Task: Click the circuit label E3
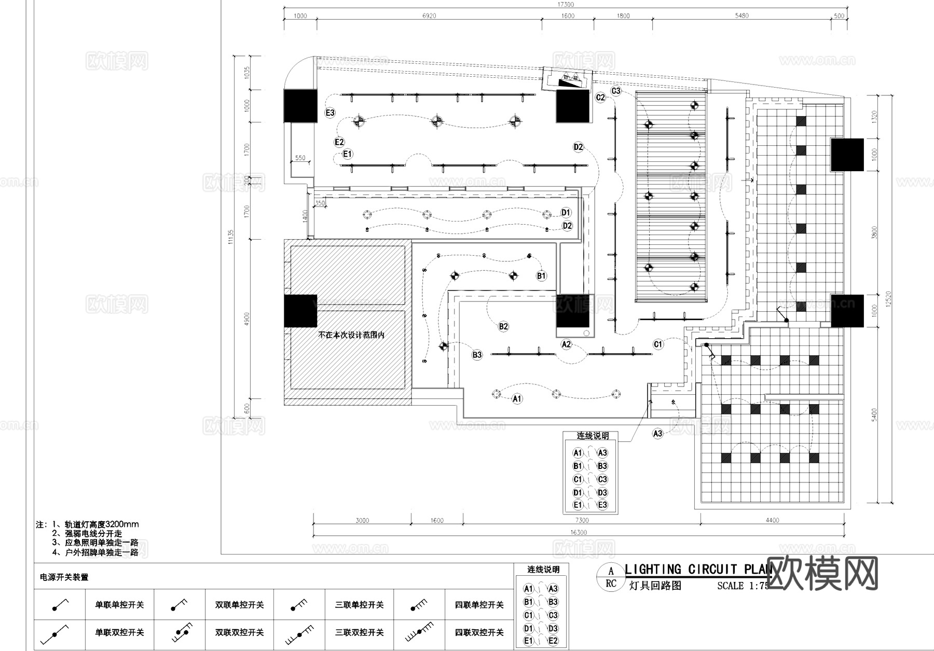[x=330, y=113]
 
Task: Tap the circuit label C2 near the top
[x=600, y=98]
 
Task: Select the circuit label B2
[x=503, y=326]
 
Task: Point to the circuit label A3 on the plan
[x=657, y=433]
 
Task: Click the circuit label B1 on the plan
[x=541, y=276]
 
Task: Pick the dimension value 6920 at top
[x=429, y=16]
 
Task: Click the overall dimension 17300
[x=566, y=4]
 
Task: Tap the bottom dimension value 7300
[x=582, y=520]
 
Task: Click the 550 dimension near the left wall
[x=300, y=158]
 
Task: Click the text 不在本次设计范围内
[x=351, y=335]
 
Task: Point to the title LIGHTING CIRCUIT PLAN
[x=698, y=570]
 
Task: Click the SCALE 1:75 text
[x=742, y=586]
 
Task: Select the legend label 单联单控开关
[x=119, y=605]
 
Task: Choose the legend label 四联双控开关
[x=479, y=632]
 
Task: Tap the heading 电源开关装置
[x=64, y=577]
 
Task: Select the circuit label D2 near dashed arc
[x=578, y=147]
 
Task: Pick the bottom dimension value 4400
[x=772, y=520]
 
